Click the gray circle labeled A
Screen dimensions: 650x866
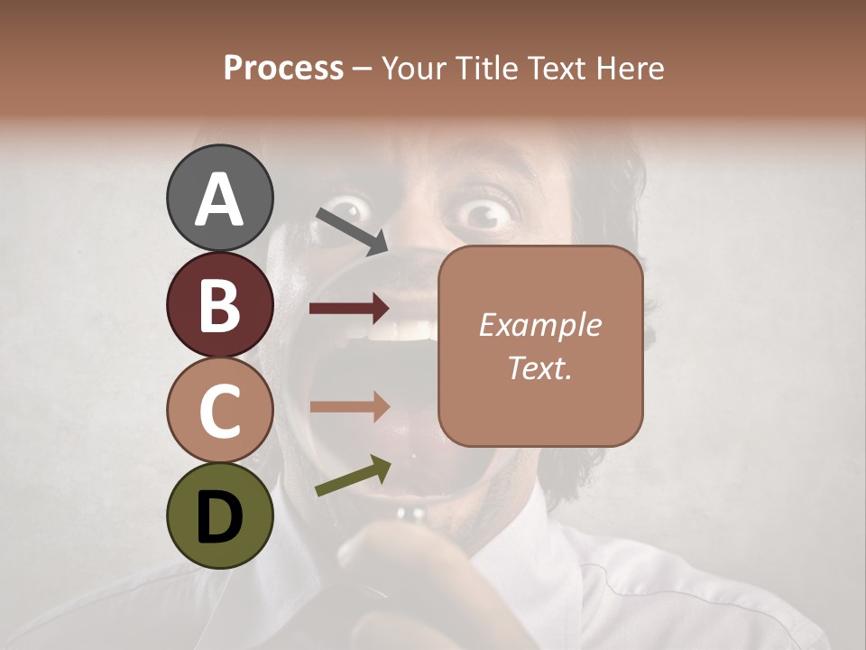[219, 198]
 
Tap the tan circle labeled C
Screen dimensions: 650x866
[219, 410]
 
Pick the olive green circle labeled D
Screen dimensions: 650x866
[219, 515]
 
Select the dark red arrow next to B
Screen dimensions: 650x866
[349, 309]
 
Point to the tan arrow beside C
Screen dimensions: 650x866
[349, 406]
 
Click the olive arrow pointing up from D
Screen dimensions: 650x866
[353, 476]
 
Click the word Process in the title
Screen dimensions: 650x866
[283, 69]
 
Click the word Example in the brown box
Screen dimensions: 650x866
[539, 325]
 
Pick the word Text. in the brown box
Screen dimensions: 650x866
[539, 367]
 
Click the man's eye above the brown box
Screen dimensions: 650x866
[488, 213]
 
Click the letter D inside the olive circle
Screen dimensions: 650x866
[219, 517]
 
